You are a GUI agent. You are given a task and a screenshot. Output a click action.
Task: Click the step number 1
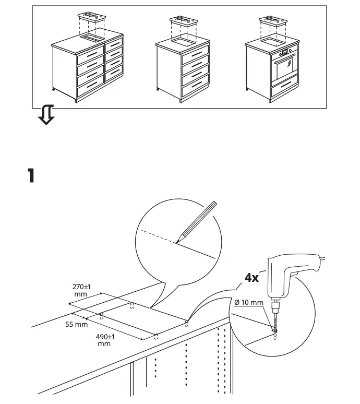click(x=31, y=175)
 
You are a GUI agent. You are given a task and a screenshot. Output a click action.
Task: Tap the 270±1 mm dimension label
click(x=81, y=290)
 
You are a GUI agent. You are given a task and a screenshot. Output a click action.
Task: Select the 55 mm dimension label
click(x=77, y=325)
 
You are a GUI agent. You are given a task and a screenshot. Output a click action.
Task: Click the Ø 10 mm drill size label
click(x=247, y=303)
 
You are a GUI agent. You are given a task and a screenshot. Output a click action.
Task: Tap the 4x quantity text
click(x=251, y=278)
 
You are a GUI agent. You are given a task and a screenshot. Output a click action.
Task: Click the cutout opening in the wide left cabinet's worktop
click(x=92, y=39)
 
